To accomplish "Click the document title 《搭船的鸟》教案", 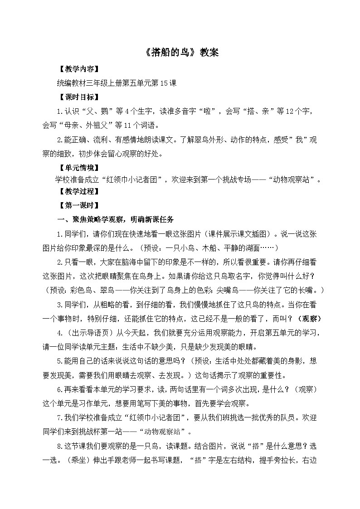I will click(x=180, y=53).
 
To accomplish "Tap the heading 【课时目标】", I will click(x=76, y=97).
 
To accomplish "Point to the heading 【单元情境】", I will click(x=76, y=167).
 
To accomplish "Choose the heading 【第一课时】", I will click(x=76, y=205).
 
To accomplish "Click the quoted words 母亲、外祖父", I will click(x=86, y=125).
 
